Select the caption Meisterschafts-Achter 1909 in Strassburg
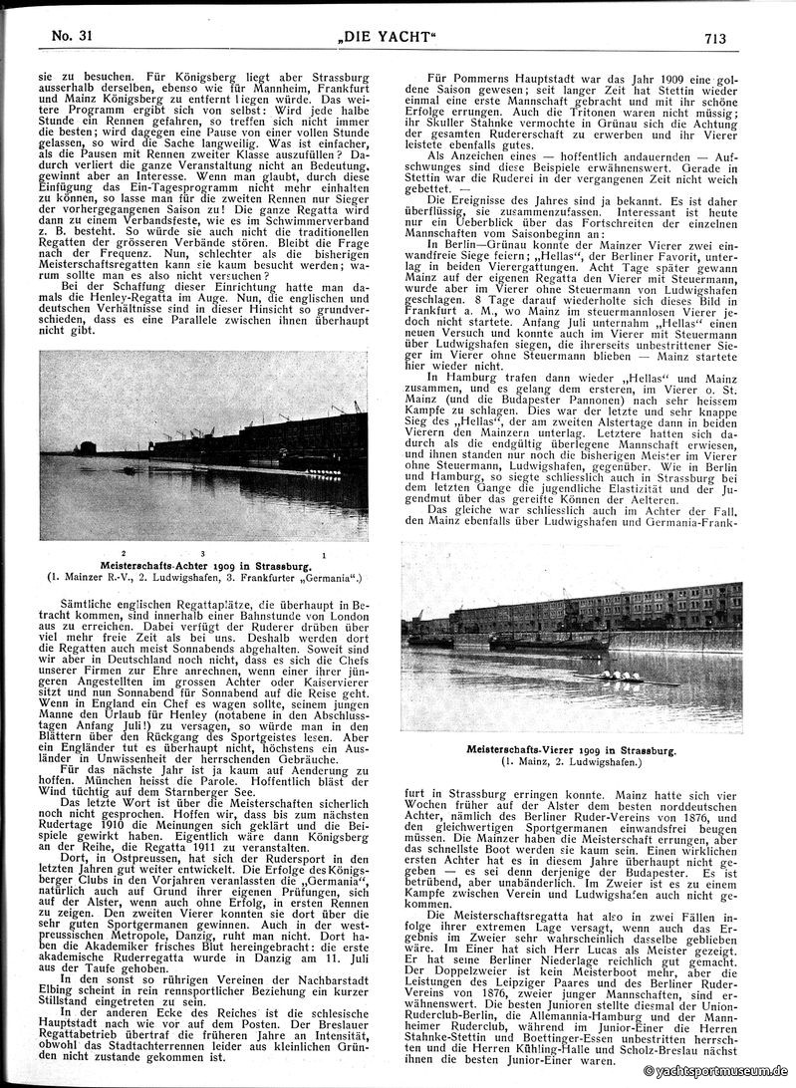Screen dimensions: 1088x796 coord(202,566)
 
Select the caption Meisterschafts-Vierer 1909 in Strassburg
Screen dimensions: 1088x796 coord(572,748)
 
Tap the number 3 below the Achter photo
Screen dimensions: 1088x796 coord(201,553)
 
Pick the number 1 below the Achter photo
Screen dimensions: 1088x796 coord(325,553)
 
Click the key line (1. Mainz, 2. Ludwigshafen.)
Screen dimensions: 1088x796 coord(572,761)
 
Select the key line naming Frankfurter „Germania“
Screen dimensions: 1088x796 coord(202,578)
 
